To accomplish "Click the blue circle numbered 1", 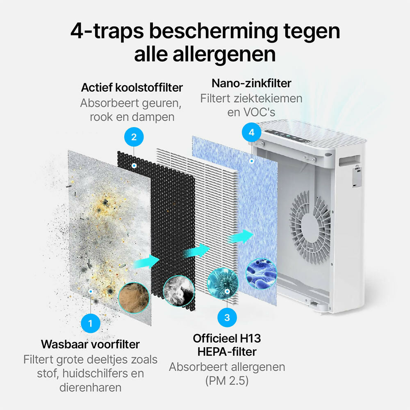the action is coord(91,323).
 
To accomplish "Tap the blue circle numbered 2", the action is coord(134,137).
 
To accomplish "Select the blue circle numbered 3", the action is coord(227,317).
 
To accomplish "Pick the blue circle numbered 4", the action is coord(252,132).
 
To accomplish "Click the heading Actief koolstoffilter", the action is coord(132,88).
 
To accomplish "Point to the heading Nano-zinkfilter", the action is coord(251,83).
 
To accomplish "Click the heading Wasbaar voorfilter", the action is coord(90,344).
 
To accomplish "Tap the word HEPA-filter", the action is coord(227,352).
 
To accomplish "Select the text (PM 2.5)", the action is coord(227,381).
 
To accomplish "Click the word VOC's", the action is coord(259,112).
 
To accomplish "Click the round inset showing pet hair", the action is coord(134,298).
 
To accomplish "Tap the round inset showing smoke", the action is coord(179,291).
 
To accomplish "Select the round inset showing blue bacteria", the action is coord(261,274).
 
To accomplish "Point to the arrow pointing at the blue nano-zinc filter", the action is coord(241,237).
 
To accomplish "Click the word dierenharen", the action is coord(90,387).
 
